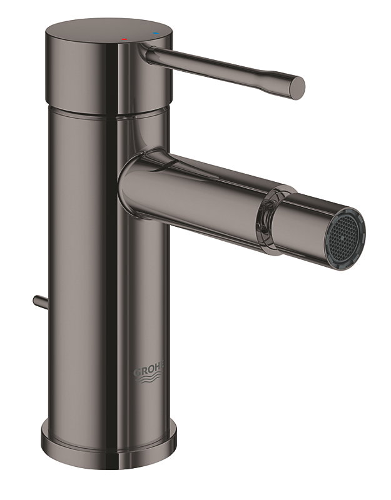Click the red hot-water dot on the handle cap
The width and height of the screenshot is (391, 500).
124,39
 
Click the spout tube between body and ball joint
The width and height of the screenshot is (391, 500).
200,187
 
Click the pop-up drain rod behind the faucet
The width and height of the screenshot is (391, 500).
38,301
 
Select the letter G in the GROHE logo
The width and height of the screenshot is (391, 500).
136,372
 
